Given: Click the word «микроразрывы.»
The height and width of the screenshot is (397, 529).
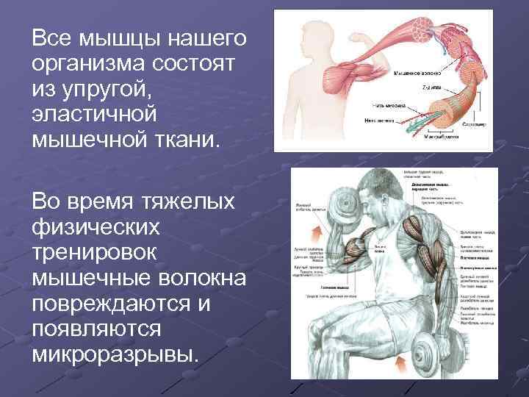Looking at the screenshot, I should click(115, 357).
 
